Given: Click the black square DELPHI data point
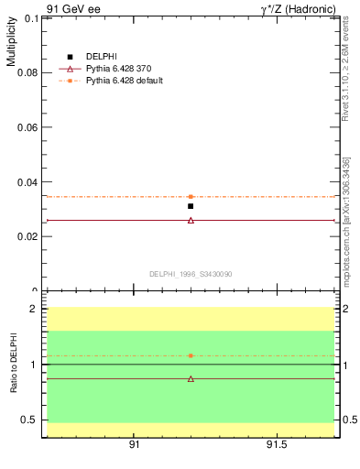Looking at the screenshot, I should (191, 206).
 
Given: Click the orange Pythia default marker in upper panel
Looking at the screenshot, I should (191, 196).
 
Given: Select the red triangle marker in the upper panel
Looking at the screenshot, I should (191, 220).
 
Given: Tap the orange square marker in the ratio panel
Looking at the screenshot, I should (191, 355).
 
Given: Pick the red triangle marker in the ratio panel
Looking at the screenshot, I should (191, 378).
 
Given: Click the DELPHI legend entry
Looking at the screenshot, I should (100, 57).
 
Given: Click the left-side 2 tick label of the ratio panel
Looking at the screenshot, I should (33, 309).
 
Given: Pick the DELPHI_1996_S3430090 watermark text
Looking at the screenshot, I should (191, 274).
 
